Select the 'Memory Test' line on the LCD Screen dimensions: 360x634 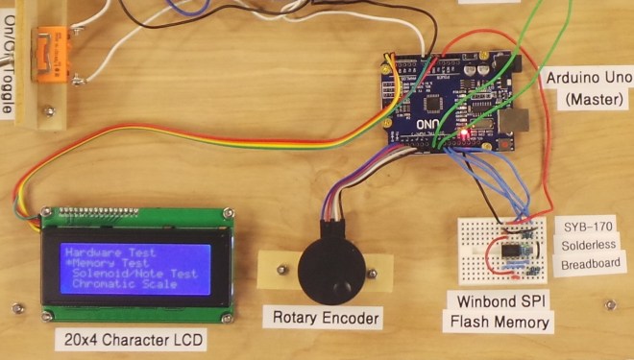(x=108, y=263)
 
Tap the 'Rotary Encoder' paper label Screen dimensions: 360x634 (x=326, y=318)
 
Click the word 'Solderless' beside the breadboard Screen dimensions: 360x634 (x=588, y=245)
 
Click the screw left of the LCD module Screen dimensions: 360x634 (x=16, y=308)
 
